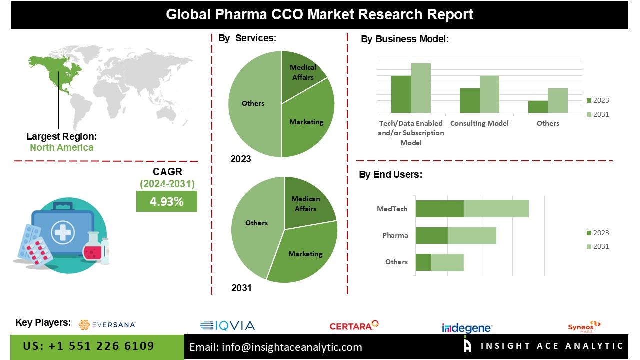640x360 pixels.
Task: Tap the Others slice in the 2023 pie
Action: (x=253, y=104)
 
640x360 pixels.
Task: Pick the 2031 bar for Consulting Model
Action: (x=489, y=94)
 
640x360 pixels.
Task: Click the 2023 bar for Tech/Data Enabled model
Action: (x=401, y=94)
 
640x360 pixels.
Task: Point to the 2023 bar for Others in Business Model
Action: (x=538, y=107)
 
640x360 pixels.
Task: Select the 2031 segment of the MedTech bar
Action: (x=496, y=209)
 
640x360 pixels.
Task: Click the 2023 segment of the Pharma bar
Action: (x=431, y=235)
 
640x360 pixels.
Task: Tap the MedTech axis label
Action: (x=392, y=209)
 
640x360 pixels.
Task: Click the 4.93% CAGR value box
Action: (x=167, y=201)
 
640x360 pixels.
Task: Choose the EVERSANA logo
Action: (x=107, y=325)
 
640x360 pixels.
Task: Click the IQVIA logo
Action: (x=227, y=326)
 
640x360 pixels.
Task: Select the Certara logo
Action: (x=354, y=326)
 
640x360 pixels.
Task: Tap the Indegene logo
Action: (x=467, y=328)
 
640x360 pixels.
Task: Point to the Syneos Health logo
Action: (x=584, y=326)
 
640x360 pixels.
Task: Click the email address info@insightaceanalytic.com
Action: (x=276, y=347)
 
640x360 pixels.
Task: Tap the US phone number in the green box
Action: (x=89, y=346)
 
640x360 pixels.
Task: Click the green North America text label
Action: (x=61, y=147)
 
